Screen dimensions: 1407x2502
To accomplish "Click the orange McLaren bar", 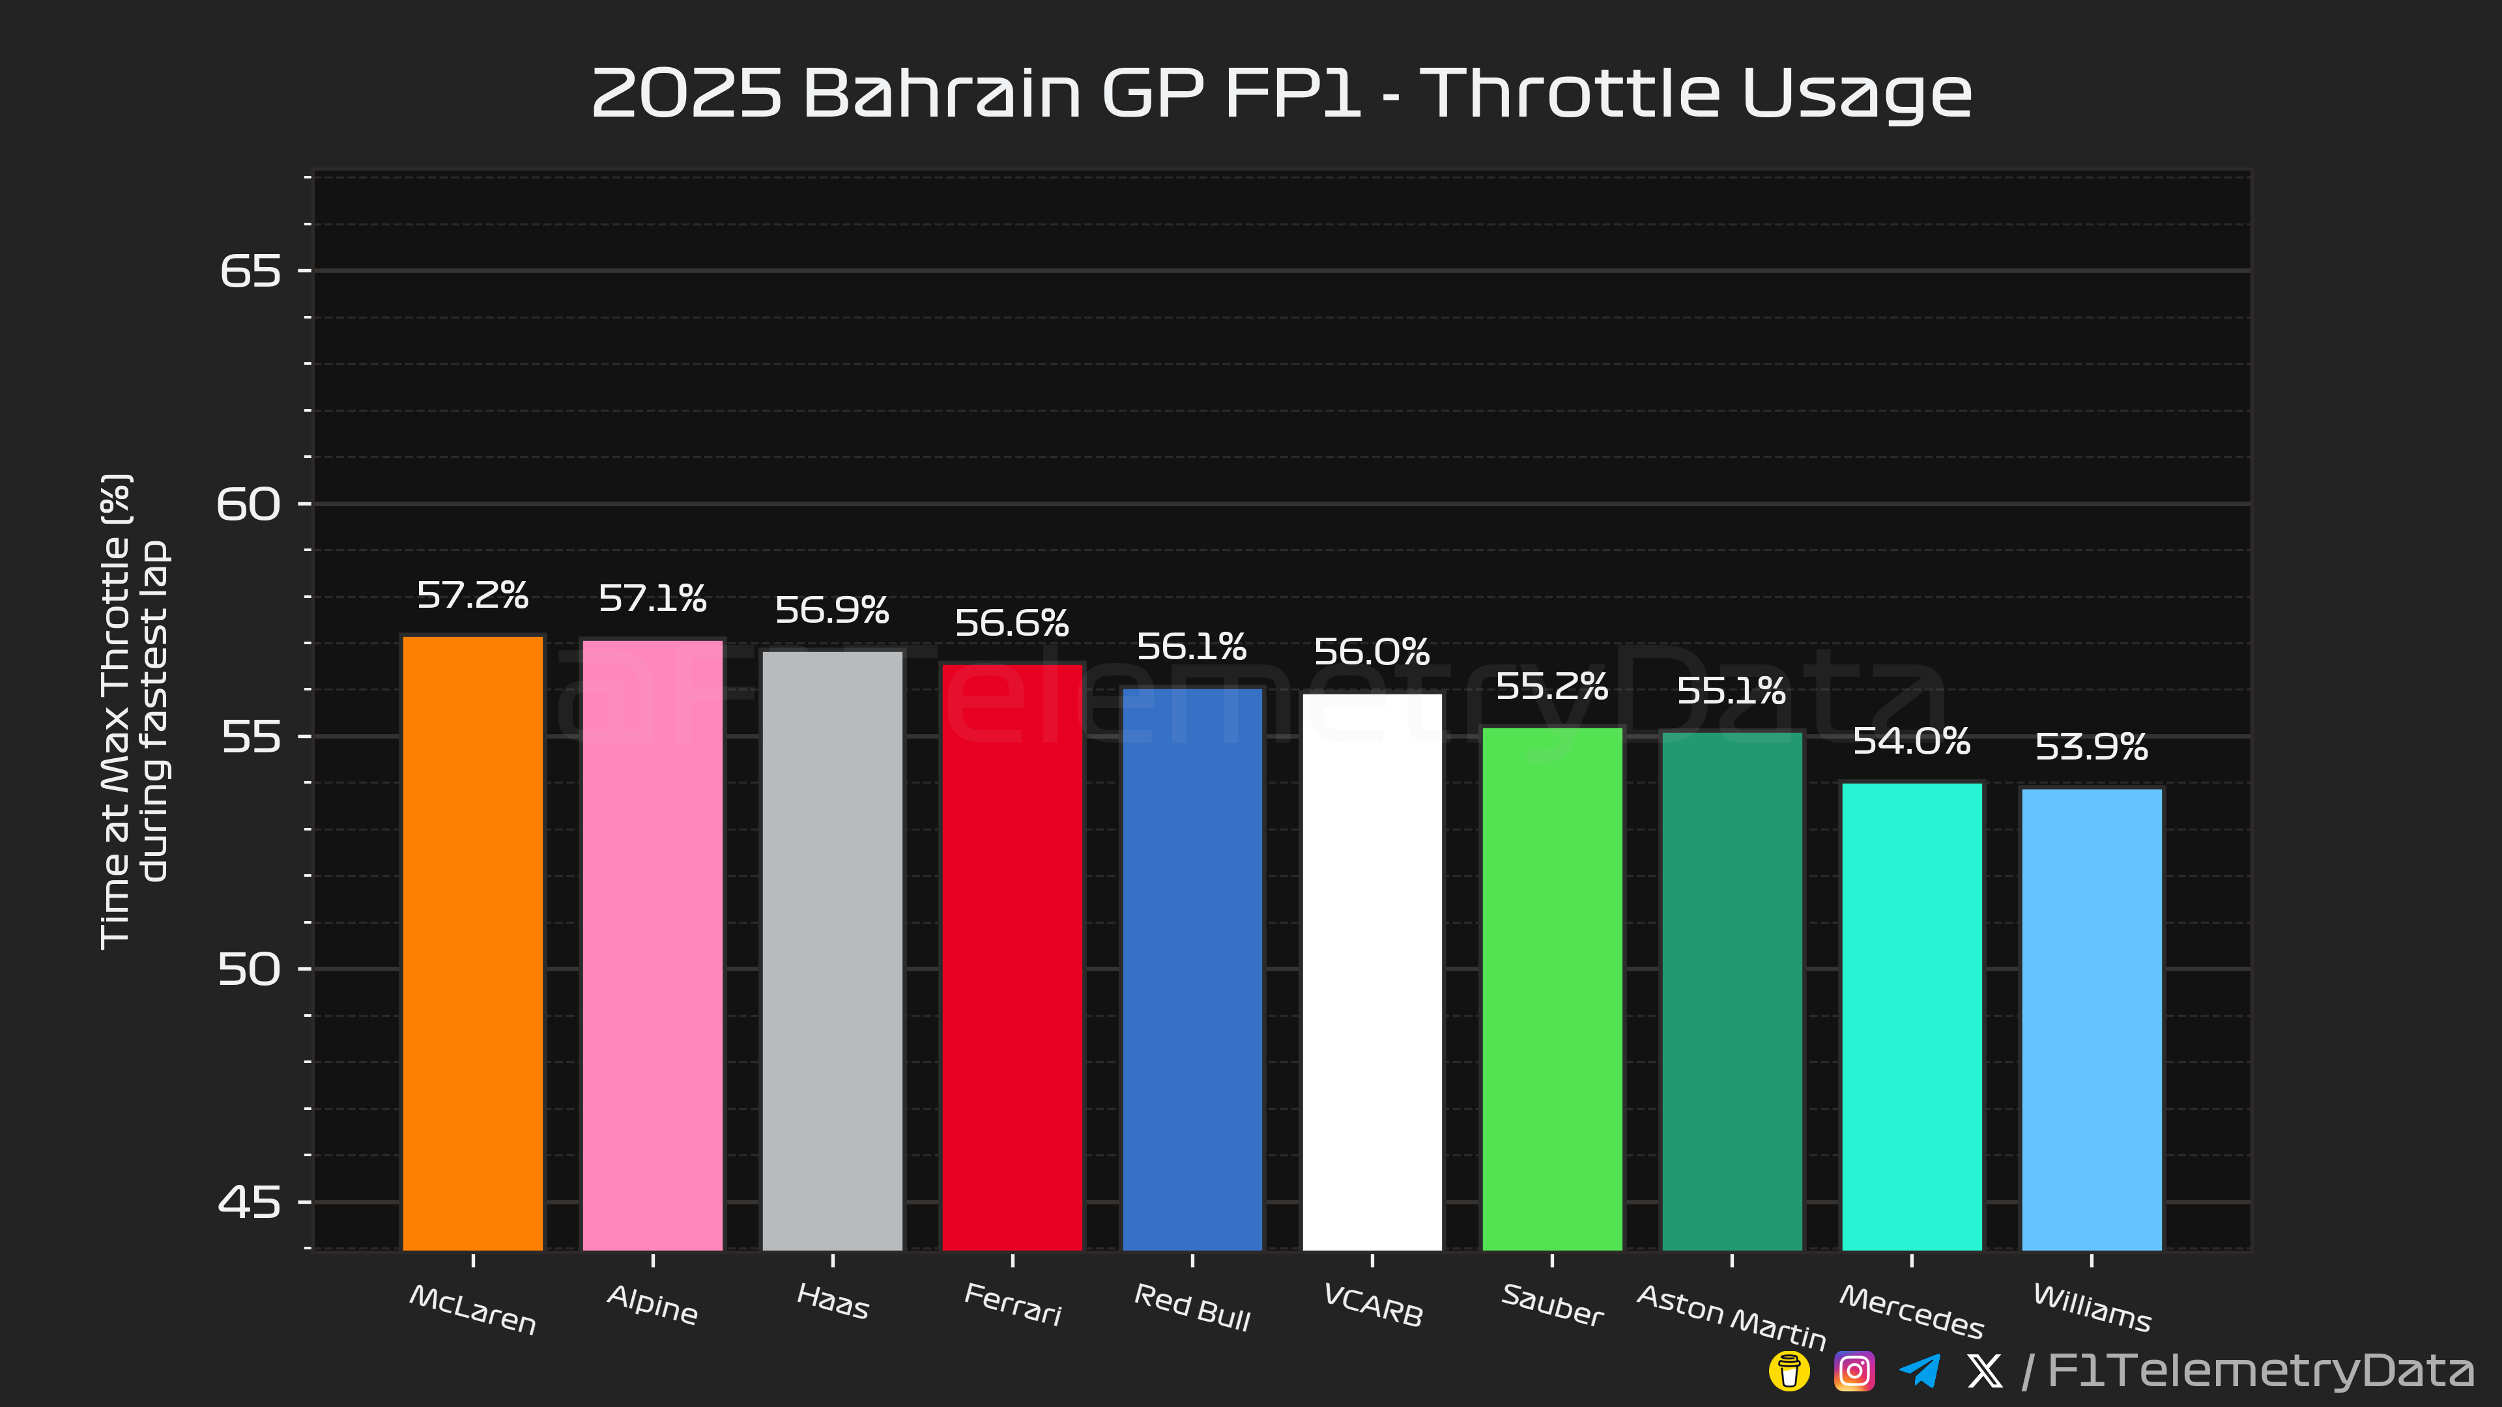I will (473, 942).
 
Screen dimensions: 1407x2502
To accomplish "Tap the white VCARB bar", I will (1372, 971).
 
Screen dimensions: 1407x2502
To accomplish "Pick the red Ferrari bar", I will (1012, 956).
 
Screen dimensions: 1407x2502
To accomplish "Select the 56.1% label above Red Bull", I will (1192, 647).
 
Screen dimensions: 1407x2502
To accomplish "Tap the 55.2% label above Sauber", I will (1552, 687).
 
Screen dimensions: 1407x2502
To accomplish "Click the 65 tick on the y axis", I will (250, 271).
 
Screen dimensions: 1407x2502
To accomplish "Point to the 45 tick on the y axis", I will (250, 1202).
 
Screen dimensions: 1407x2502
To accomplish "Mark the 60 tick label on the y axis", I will (249, 504).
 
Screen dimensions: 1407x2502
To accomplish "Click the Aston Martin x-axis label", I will (1732, 1316).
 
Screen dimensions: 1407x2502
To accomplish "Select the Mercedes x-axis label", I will (1912, 1311).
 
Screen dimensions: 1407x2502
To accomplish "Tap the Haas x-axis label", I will (833, 1301).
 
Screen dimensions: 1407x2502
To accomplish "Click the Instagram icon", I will (1854, 1371).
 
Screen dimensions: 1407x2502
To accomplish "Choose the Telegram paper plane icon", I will (1920, 1371).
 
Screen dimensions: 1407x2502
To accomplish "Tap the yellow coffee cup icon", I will (1789, 1371).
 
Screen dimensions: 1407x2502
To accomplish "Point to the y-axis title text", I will (134, 711).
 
